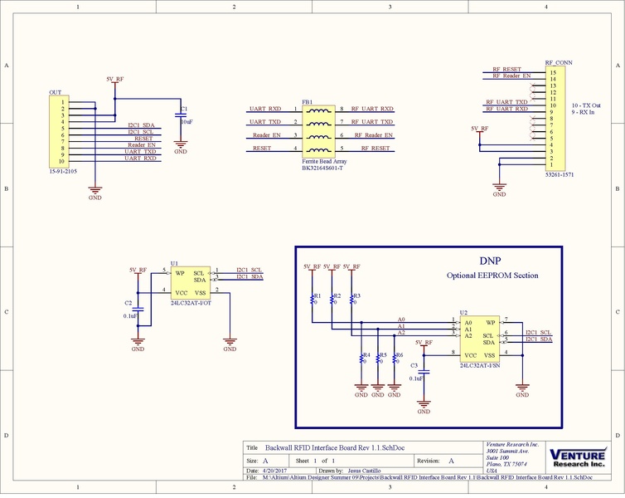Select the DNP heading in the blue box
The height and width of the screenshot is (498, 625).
point(490,260)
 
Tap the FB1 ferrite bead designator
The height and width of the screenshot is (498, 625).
point(307,101)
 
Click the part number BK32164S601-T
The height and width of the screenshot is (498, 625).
point(324,168)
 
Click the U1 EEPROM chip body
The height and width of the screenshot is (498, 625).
point(190,283)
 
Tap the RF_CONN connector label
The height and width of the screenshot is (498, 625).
point(558,62)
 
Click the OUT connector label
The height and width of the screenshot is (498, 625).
point(55,92)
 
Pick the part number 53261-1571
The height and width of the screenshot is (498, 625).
point(560,176)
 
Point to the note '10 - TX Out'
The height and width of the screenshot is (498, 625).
point(587,105)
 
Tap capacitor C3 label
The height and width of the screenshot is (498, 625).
point(414,364)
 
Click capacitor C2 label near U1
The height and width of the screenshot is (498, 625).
point(128,304)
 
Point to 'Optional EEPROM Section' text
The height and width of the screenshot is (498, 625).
point(492,276)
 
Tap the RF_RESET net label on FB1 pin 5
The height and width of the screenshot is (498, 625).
point(370,148)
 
